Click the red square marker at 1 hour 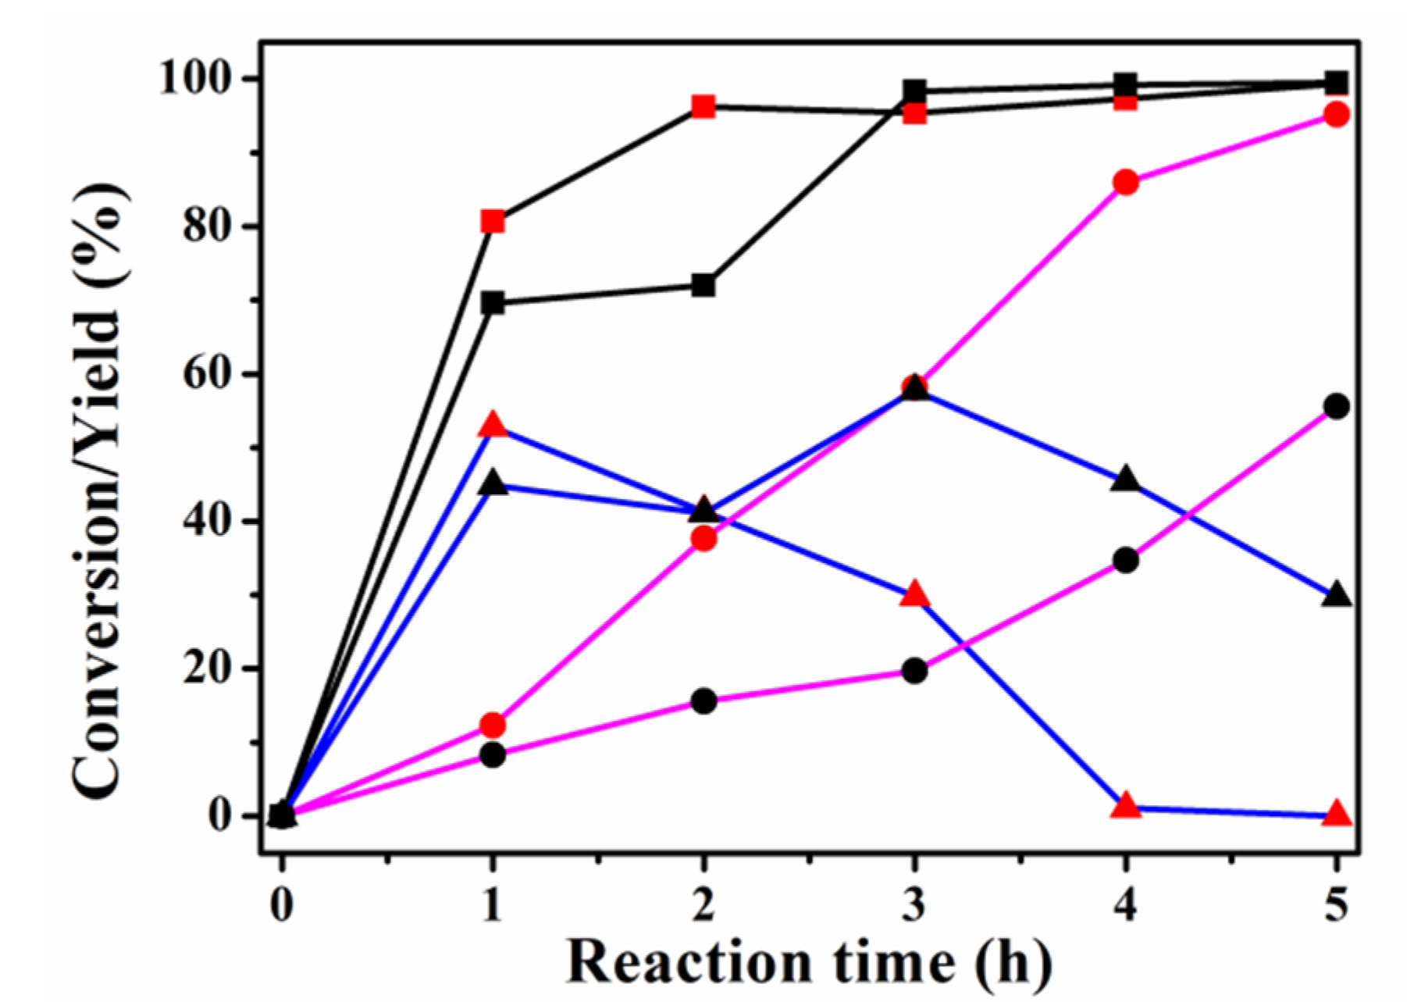pos(492,222)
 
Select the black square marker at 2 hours pos(703,286)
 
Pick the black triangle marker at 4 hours pos(1125,480)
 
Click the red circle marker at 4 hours pos(1125,183)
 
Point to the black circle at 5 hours pos(1337,406)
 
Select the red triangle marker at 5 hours pos(1337,814)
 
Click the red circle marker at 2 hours pos(703,538)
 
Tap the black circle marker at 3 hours pos(914,671)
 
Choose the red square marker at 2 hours pos(703,106)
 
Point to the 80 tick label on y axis pos(209,226)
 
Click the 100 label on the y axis pos(198,79)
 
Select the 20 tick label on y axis pos(209,669)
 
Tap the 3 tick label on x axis pos(914,906)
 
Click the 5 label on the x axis pos(1337,906)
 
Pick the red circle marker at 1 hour pos(492,726)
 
